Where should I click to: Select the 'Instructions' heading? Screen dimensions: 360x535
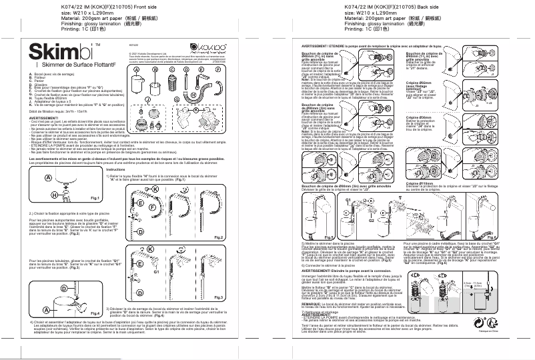115,169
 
